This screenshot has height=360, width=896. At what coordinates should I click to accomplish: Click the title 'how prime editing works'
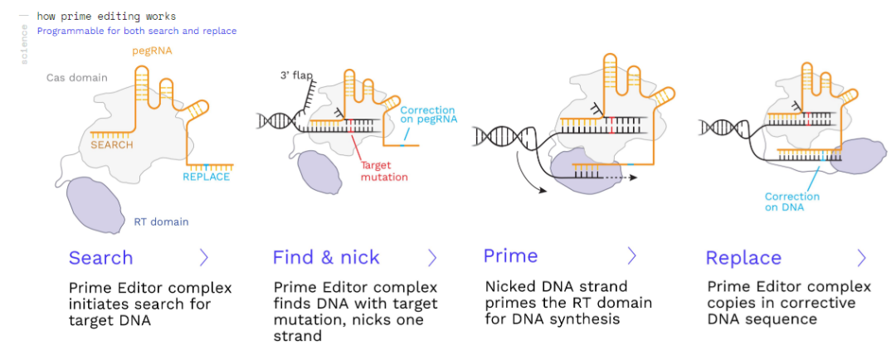coord(106,17)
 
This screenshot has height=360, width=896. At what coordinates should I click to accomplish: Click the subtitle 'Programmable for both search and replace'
coord(137,32)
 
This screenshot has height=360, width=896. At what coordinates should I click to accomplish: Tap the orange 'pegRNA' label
coord(153,51)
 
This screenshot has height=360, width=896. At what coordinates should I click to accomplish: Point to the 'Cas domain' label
coord(77,78)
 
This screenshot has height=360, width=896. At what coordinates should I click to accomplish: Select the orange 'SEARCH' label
coord(112,145)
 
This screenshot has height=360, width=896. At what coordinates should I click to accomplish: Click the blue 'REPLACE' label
coord(207,177)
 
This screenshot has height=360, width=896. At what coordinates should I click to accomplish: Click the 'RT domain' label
coord(161,221)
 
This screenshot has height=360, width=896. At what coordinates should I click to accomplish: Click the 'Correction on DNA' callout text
coord(791,202)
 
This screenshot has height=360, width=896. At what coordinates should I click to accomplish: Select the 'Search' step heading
coord(100,257)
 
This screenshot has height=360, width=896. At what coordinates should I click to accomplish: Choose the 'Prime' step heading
coord(510,255)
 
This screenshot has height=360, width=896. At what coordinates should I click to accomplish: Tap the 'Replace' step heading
coord(743,257)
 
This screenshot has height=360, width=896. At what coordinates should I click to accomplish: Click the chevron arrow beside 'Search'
coord(204,257)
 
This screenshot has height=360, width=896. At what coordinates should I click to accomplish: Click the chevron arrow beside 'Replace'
coord(860,257)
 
